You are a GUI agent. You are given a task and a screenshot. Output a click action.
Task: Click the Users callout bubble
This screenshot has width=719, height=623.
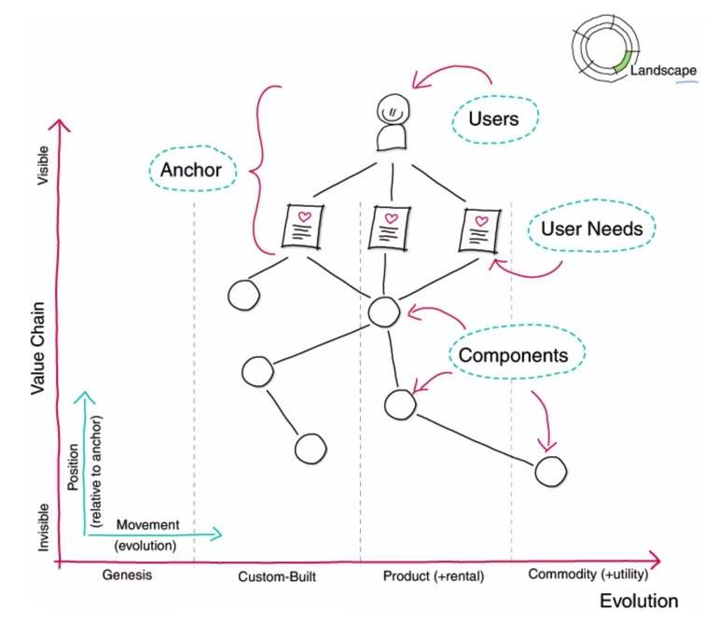tap(493, 119)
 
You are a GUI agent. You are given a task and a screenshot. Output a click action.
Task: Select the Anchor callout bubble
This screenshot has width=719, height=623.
tap(192, 170)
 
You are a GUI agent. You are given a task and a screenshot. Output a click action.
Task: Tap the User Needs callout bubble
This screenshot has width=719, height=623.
tap(591, 229)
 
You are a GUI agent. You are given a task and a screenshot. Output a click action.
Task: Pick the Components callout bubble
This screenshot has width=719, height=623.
tap(515, 355)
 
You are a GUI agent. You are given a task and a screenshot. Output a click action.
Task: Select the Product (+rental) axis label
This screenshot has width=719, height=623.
tap(434, 576)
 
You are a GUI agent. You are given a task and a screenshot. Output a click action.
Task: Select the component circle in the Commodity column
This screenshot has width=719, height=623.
tap(550, 472)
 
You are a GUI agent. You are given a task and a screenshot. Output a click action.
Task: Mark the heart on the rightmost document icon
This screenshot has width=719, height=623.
tap(480, 220)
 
